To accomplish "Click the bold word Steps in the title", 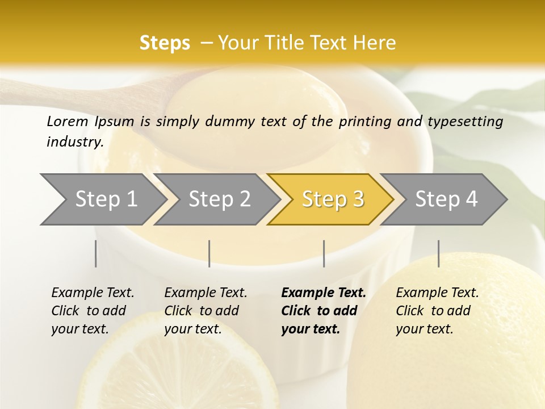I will pyautogui.click(x=165, y=43).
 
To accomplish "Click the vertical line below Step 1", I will pyautogui.click(x=96, y=253).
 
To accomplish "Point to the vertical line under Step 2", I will pyautogui.click(x=209, y=253).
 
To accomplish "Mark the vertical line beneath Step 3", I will pyautogui.click(x=324, y=253).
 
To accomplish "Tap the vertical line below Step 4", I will pyautogui.click(x=439, y=253).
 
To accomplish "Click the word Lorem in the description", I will pyautogui.click(x=67, y=122).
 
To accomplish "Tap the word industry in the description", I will pyautogui.click(x=74, y=142).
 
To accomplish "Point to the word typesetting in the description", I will pyautogui.click(x=465, y=122).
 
